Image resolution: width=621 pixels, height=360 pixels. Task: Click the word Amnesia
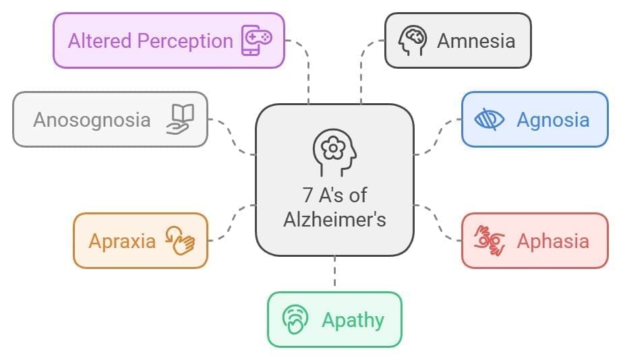pyautogui.click(x=475, y=40)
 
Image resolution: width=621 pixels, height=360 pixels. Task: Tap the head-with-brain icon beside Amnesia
pyautogui.click(x=411, y=40)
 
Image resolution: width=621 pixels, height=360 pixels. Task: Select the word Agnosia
pyautogui.click(x=553, y=120)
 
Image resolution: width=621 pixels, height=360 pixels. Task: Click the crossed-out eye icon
pyautogui.click(x=490, y=120)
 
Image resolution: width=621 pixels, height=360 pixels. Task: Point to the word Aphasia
pyautogui.click(x=553, y=241)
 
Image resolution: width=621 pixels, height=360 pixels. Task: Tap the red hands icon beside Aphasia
pyautogui.click(x=490, y=241)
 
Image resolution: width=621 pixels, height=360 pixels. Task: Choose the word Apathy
pyautogui.click(x=353, y=319)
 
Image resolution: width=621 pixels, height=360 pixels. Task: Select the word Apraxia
pyautogui.click(x=122, y=241)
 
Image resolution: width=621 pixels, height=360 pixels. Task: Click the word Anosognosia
pyautogui.click(x=92, y=120)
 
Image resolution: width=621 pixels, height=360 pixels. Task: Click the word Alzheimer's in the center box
pyautogui.click(x=334, y=219)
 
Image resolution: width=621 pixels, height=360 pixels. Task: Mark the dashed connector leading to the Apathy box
pyautogui.click(x=334, y=274)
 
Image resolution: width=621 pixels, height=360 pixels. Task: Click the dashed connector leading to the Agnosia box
pyautogui.click(x=438, y=135)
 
